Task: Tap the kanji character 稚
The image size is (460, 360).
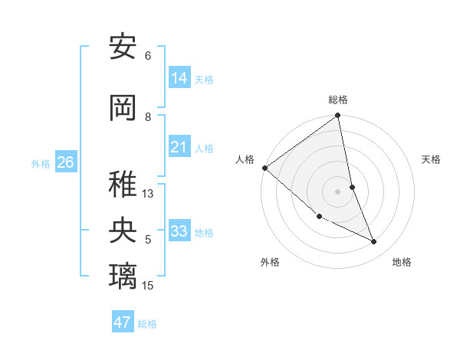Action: (x=123, y=185)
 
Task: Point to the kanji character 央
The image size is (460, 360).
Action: (x=123, y=231)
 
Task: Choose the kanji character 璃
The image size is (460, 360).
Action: (x=123, y=276)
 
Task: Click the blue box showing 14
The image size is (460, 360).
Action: (x=179, y=78)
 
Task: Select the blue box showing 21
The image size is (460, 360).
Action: (x=179, y=147)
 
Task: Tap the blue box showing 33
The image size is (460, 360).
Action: (x=179, y=231)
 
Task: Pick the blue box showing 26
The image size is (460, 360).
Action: (x=66, y=162)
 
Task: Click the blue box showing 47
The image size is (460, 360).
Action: (x=123, y=322)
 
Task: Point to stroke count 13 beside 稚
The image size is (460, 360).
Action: (x=148, y=194)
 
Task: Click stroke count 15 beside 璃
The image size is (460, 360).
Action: (x=148, y=286)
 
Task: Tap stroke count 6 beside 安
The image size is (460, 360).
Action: (x=148, y=56)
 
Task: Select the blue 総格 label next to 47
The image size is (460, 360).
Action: (x=147, y=324)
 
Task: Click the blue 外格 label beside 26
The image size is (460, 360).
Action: (x=41, y=163)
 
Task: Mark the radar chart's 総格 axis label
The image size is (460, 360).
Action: (x=338, y=100)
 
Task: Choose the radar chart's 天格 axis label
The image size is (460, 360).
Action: (x=431, y=159)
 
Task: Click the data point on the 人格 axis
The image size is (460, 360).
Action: (x=264, y=167)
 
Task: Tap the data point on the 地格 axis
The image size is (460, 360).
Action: (x=374, y=242)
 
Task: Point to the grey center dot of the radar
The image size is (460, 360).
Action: (x=338, y=191)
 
